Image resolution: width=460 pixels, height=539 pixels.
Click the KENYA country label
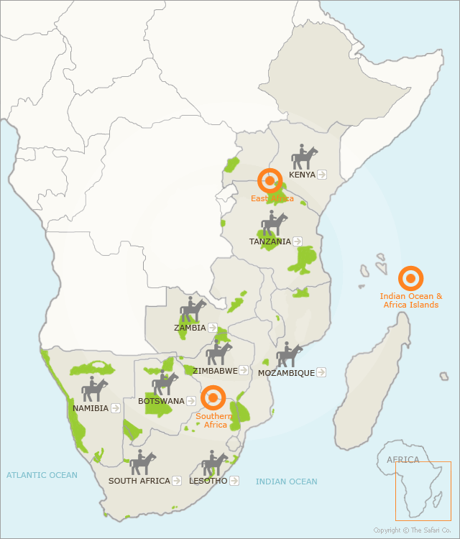(x=302, y=175)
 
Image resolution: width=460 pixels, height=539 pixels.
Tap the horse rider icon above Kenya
(x=304, y=157)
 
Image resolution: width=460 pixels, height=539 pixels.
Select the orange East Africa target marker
(x=270, y=181)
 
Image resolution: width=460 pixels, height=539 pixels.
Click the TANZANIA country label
(x=270, y=241)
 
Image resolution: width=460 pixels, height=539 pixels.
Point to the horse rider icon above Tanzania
(x=274, y=224)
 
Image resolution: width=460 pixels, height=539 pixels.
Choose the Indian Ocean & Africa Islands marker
(x=410, y=278)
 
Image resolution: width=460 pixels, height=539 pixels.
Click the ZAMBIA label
(x=190, y=328)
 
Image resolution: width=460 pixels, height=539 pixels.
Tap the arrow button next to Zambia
(x=212, y=328)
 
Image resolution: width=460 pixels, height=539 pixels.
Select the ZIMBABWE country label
(x=215, y=371)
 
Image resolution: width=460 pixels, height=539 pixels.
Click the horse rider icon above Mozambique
(x=289, y=354)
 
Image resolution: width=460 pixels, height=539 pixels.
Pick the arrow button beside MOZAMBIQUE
(x=321, y=372)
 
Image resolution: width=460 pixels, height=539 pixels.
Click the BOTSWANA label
(x=161, y=401)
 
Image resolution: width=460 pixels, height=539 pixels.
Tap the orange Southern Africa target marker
(x=213, y=397)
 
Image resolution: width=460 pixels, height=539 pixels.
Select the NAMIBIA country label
(x=91, y=408)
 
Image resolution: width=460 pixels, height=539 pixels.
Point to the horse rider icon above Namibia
(x=94, y=390)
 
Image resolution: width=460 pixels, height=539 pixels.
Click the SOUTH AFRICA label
(x=139, y=481)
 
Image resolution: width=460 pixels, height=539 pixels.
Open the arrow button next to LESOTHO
(x=234, y=481)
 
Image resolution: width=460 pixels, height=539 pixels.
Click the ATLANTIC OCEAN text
(x=42, y=475)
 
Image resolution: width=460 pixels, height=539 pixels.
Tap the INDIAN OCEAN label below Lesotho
(x=286, y=482)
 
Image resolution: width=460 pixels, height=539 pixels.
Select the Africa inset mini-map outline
(x=423, y=491)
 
